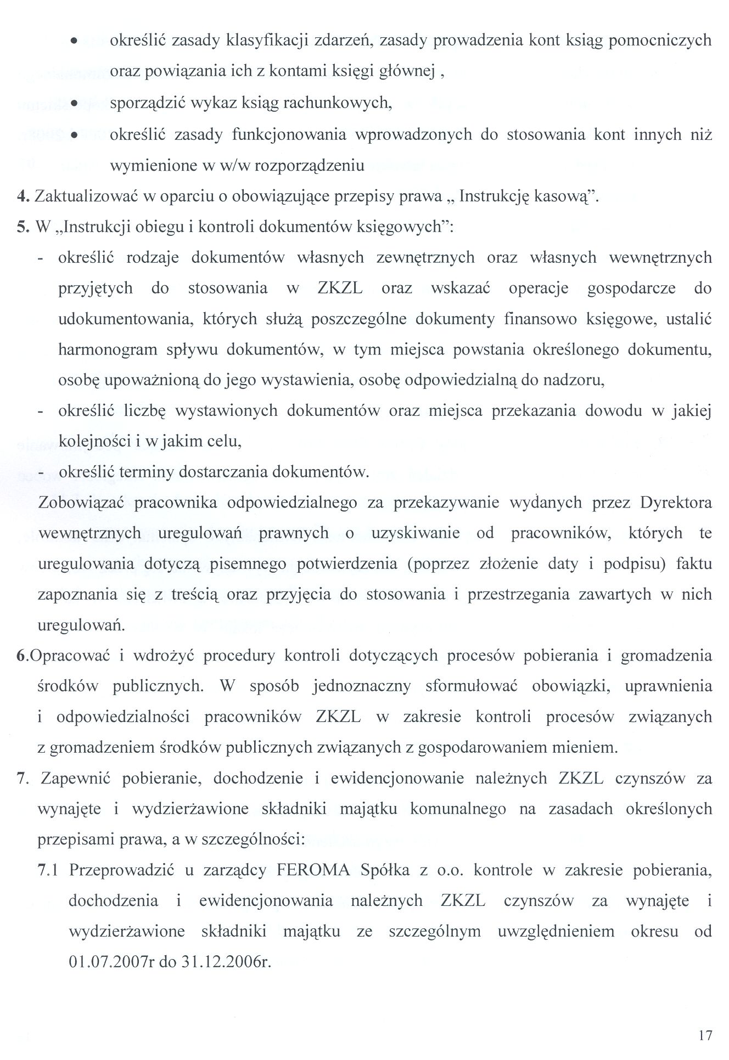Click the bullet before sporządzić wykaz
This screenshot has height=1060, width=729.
point(73,103)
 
